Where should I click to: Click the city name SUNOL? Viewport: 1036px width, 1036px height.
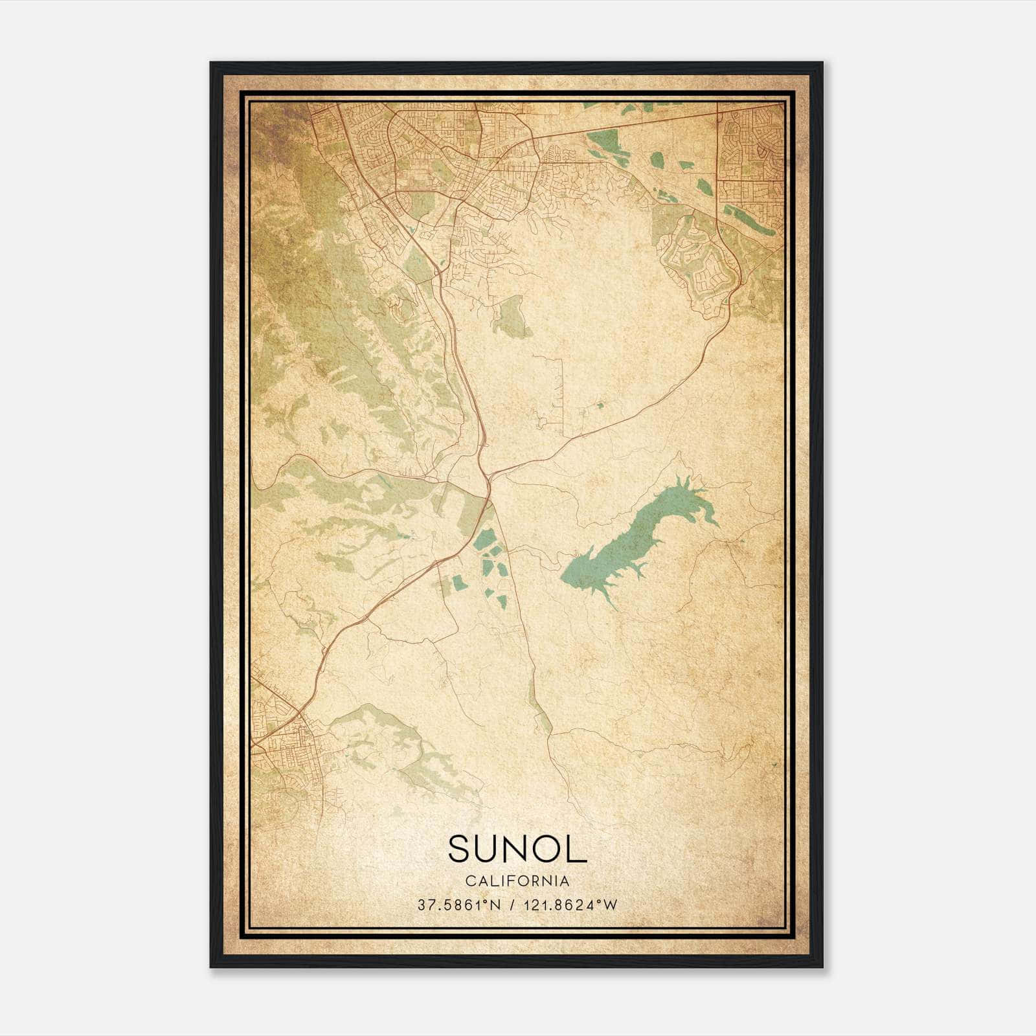point(517,849)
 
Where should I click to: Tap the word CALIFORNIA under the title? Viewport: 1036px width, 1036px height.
point(517,881)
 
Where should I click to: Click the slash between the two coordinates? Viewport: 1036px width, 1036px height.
point(513,905)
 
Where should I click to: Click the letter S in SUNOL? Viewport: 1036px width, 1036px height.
point(458,849)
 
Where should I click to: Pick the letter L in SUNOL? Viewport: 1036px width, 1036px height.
point(578,849)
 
